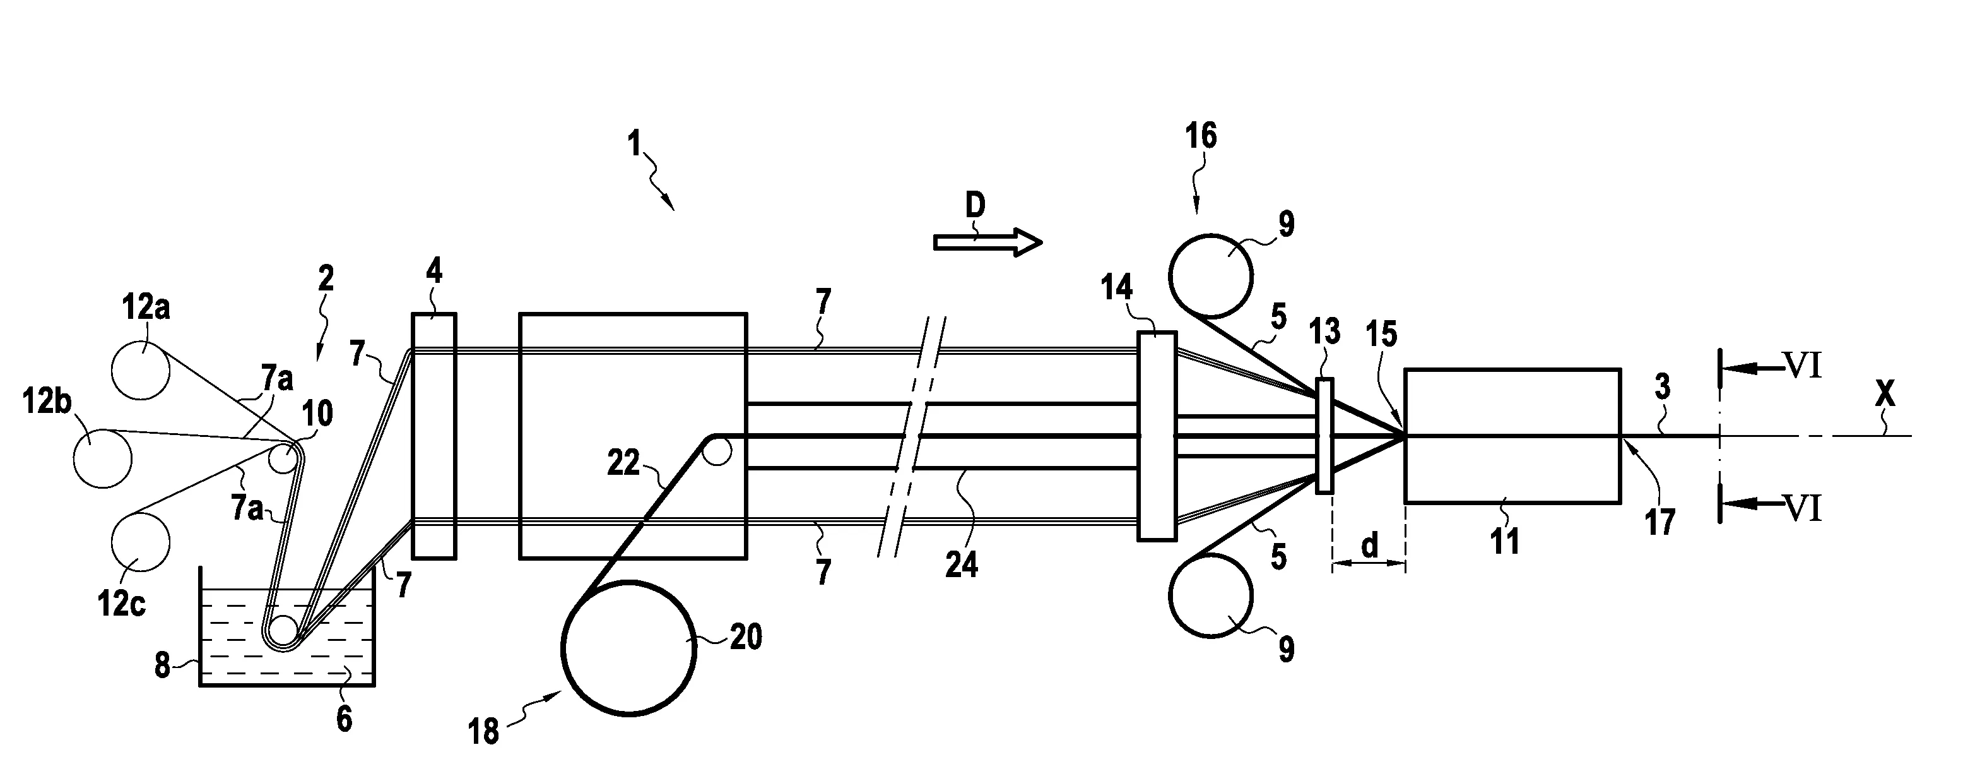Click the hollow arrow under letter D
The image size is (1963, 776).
click(987, 242)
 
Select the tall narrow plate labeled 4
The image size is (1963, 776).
click(433, 436)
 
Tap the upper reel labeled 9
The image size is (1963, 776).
click(1211, 275)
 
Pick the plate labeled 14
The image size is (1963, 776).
click(1157, 436)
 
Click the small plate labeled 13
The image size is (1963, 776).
click(1324, 436)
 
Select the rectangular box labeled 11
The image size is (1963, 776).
click(1512, 436)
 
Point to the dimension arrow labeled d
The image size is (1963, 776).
click(1369, 563)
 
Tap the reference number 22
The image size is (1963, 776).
click(623, 463)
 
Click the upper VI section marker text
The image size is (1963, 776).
click(1802, 367)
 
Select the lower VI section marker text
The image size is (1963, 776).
click(1802, 508)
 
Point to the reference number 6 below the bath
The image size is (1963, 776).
click(345, 718)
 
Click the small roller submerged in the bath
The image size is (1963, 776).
click(282, 630)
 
